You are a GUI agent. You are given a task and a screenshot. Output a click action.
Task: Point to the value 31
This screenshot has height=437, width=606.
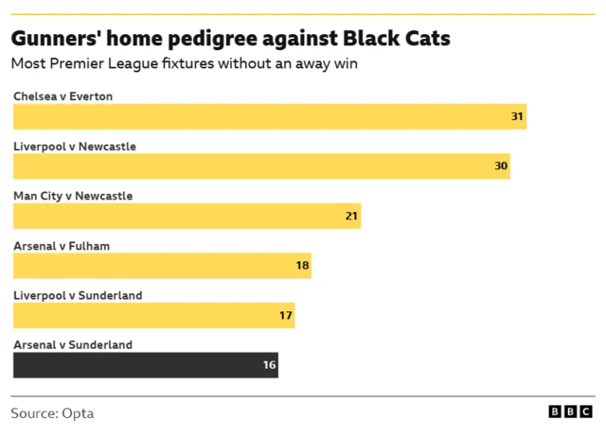(x=517, y=116)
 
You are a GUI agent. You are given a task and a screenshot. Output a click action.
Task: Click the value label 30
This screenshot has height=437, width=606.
(x=501, y=166)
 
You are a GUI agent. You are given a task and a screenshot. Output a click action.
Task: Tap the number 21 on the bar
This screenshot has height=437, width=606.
(x=351, y=216)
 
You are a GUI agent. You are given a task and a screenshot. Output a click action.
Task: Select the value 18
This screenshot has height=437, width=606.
(x=302, y=266)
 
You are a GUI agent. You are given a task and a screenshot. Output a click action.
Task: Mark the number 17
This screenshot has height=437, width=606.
(x=285, y=315)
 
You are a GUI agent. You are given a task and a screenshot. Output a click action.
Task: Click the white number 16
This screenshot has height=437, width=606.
(x=269, y=365)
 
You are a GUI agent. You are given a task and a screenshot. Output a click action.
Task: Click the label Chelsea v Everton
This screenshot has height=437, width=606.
(x=62, y=96)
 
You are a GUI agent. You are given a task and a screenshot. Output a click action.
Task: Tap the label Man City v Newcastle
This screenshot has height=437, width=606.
(x=73, y=196)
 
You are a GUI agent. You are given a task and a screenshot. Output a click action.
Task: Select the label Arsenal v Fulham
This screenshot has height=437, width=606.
(x=62, y=246)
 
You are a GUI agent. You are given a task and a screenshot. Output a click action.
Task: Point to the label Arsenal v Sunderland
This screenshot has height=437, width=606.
(x=73, y=345)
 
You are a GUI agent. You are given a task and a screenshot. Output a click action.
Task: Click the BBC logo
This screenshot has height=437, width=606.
(x=571, y=412)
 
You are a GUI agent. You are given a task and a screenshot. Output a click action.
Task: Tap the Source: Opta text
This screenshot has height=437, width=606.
(x=52, y=413)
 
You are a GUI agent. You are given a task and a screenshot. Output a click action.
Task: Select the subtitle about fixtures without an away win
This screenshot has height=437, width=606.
(x=184, y=64)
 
